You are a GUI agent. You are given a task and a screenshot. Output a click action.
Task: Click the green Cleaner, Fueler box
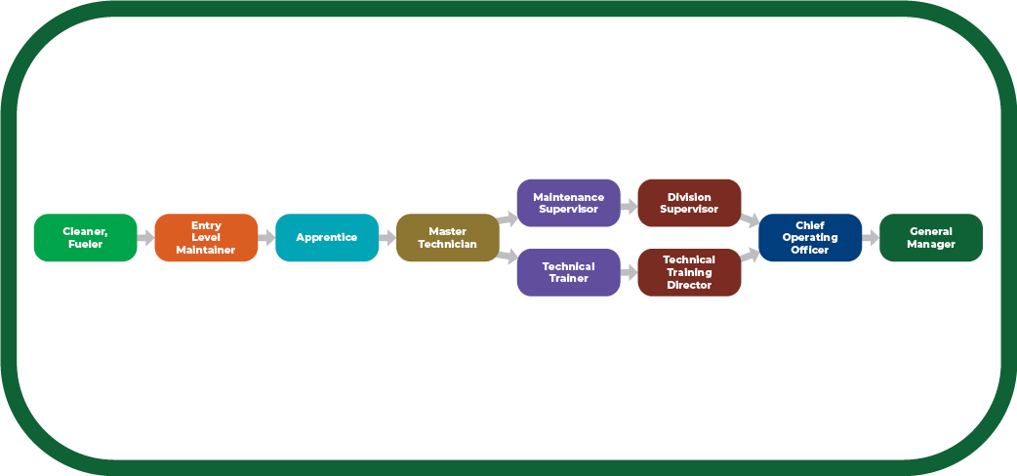coord(86,238)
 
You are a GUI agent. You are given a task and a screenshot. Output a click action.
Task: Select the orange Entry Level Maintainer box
coord(206,238)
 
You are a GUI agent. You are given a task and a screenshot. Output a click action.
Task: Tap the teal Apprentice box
coord(327,238)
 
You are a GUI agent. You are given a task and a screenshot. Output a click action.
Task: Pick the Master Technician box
coord(447,238)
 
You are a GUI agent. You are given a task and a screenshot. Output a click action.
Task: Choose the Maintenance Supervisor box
coord(568,203)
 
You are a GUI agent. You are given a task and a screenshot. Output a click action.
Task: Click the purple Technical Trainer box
coord(568,272)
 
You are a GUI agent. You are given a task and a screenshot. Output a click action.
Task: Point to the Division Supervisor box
coord(689,203)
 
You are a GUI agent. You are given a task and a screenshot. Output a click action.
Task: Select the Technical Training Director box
coord(689,272)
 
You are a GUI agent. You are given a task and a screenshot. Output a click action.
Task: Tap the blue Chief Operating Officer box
coord(810,238)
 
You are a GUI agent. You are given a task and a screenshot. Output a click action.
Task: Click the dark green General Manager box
coord(931,238)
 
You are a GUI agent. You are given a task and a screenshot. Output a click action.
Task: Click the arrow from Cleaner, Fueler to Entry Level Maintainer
coord(146,238)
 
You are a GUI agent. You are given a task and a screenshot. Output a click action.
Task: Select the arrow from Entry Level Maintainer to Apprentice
coord(266,238)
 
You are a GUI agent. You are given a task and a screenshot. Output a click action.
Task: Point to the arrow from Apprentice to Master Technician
coord(387,238)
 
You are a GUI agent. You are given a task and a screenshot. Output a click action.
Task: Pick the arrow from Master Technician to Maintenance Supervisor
coord(508,218)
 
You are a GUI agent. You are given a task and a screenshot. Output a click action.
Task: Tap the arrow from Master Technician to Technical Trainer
coord(508,257)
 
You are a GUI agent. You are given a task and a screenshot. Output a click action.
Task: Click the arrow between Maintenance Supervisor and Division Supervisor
coord(629,207)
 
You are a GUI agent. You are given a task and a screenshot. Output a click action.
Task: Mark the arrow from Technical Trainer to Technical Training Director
coord(629,273)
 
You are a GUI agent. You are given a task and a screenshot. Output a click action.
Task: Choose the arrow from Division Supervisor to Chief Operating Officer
coord(750,218)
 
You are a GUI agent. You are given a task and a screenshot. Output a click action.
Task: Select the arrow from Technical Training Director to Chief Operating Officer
coord(750,257)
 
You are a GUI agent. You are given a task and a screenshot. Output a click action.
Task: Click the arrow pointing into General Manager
coord(871,238)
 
